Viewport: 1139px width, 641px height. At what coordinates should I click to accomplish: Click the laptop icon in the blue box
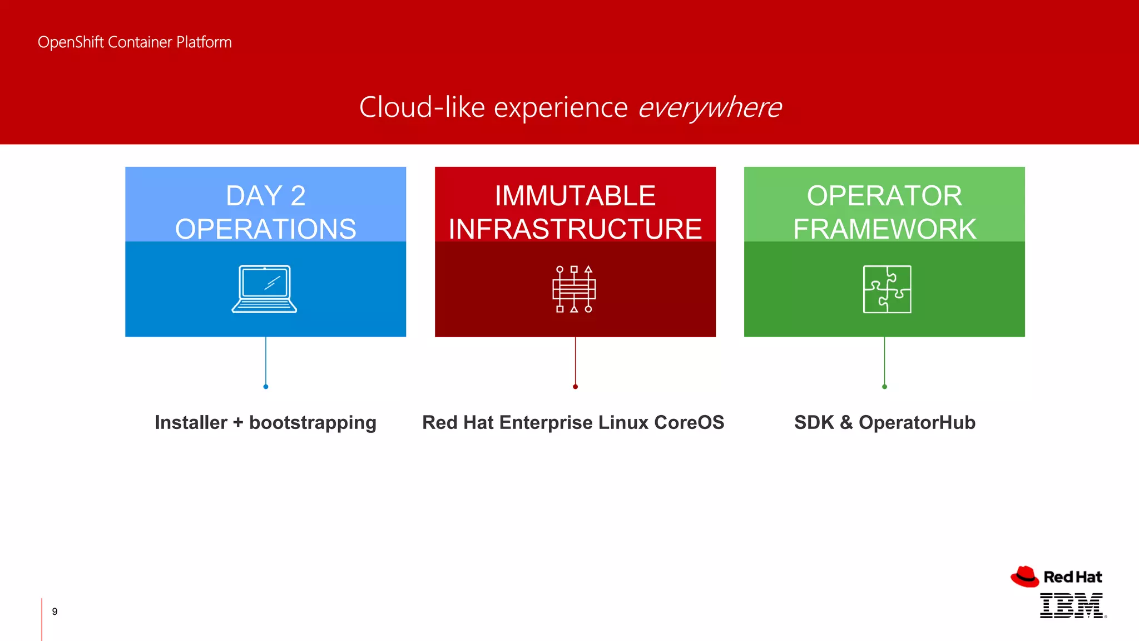tap(264, 289)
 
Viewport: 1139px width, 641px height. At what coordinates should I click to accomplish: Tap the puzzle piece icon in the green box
tap(887, 289)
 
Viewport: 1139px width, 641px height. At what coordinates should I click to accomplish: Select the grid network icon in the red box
tap(574, 289)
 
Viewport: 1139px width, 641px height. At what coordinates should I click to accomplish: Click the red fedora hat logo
tap(1024, 577)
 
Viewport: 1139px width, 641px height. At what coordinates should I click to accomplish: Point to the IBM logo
tap(1072, 605)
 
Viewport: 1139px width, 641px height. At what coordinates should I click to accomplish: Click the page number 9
tap(55, 612)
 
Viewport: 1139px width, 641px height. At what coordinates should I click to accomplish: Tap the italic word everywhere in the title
tap(710, 107)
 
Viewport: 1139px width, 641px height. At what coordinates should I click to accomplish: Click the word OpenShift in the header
tap(71, 42)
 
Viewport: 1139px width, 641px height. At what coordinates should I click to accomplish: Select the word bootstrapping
tap(313, 423)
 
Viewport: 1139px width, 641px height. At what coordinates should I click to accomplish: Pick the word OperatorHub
tap(917, 422)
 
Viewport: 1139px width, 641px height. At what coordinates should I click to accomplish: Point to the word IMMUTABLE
tap(575, 196)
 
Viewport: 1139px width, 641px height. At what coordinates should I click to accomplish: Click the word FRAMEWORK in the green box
tap(884, 229)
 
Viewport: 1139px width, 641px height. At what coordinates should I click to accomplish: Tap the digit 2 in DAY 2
tap(298, 196)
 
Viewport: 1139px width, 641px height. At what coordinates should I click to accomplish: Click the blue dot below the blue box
tap(266, 387)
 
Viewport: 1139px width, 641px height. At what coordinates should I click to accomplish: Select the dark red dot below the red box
tap(575, 387)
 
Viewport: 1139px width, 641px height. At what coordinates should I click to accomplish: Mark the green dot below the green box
tap(884, 387)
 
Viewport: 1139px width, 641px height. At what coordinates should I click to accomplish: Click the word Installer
tap(191, 422)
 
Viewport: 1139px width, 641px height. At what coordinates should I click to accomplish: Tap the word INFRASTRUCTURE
tap(575, 229)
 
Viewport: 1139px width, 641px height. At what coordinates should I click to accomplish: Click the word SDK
tap(814, 422)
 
